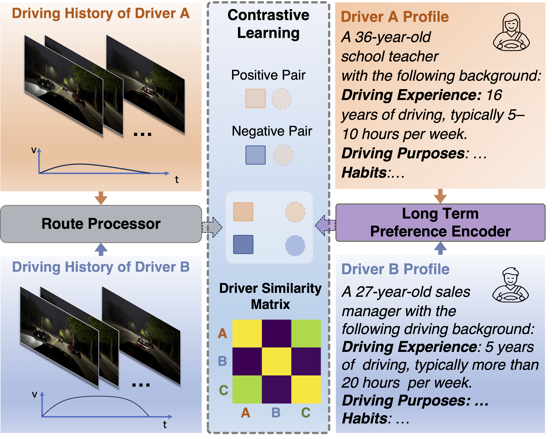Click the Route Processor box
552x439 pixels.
point(101,224)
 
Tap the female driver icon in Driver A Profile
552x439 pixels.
point(511,32)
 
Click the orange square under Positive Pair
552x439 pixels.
point(255,99)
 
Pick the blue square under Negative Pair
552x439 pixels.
point(255,155)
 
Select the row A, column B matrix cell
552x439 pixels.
point(276,333)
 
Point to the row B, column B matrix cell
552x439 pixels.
point(276,361)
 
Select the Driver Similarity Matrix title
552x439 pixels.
point(270,296)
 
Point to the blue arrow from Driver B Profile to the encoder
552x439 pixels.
point(440,248)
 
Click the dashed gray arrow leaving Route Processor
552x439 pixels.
point(212,227)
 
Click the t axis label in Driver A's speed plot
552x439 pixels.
point(177,180)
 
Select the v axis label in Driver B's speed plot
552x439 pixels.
point(35,394)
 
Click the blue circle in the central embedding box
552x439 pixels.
point(295,246)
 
